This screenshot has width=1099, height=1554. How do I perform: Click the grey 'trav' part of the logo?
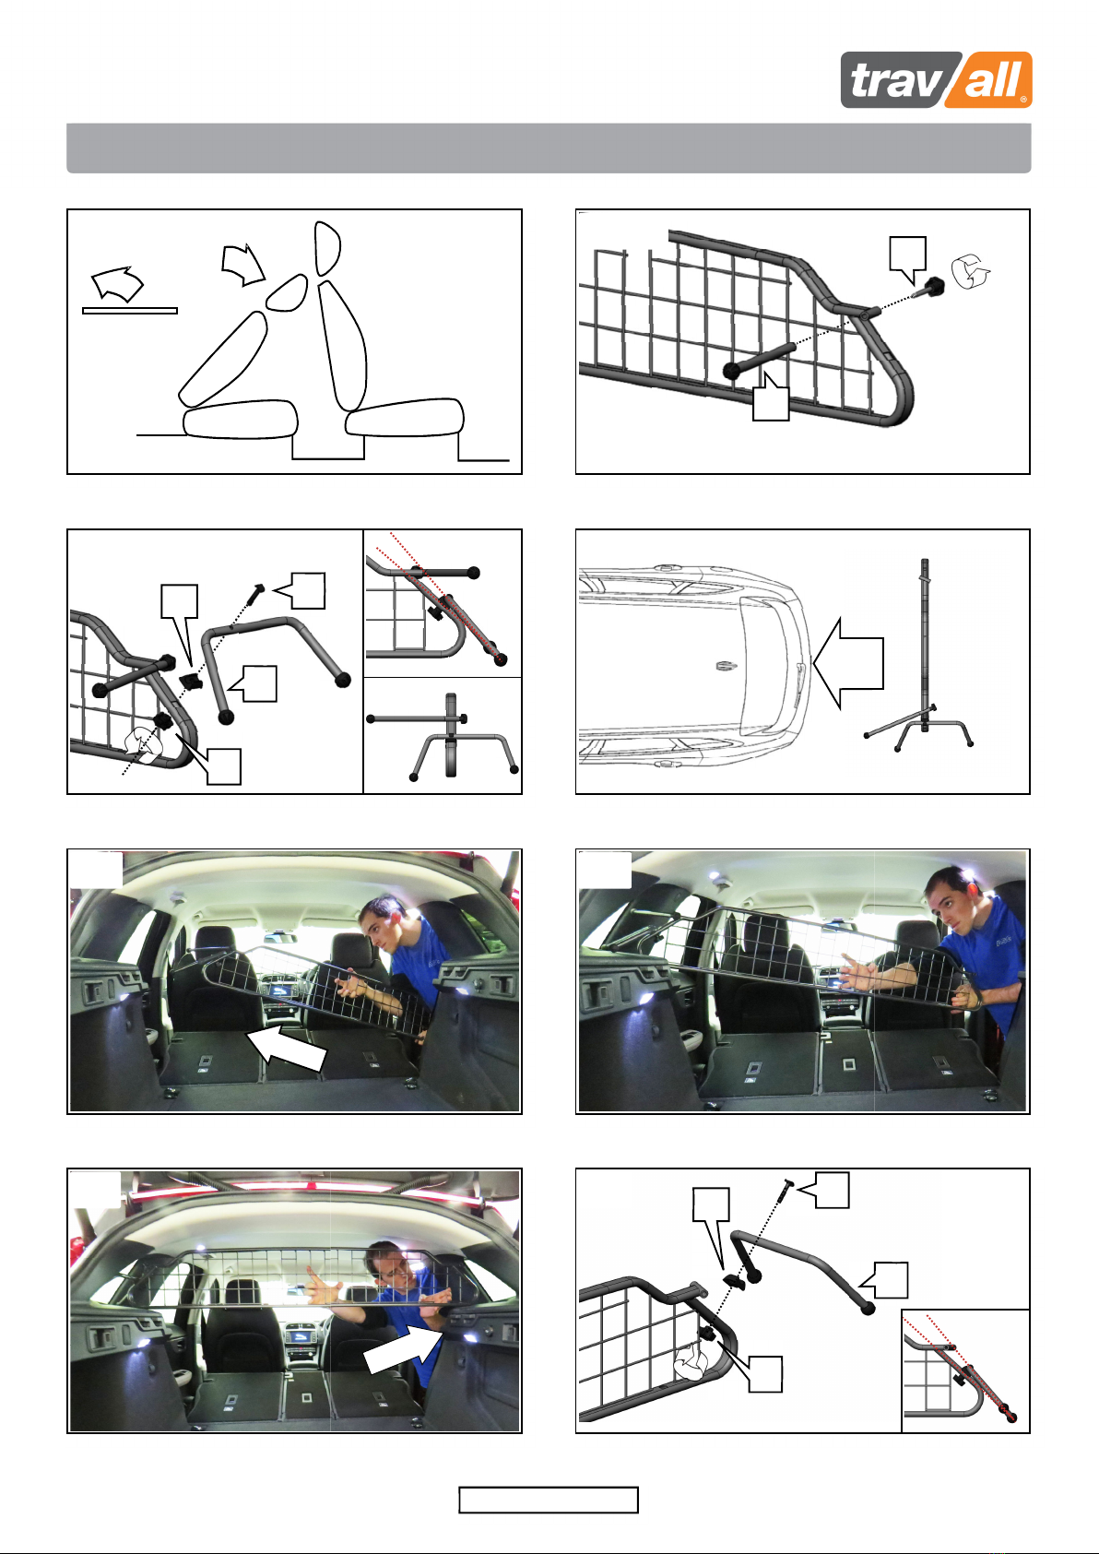coord(893,80)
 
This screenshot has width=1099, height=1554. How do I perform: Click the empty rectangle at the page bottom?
coord(548,1500)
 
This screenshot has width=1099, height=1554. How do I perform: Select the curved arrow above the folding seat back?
coord(242,265)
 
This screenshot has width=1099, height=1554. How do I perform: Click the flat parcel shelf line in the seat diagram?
coord(130,311)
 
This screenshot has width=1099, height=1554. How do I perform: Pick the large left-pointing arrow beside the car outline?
coord(848,663)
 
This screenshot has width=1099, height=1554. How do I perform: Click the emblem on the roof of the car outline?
coord(726,666)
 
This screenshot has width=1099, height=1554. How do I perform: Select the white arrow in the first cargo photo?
coord(287,1047)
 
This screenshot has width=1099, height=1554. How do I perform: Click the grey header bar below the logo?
coord(549,148)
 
